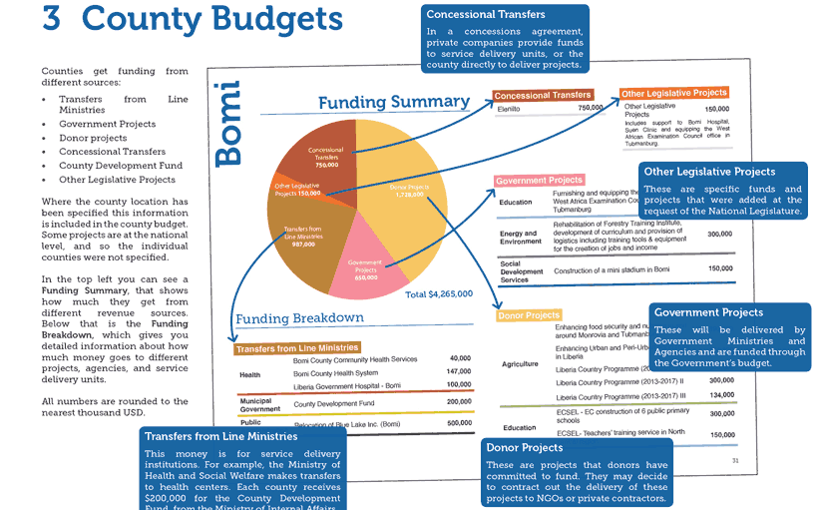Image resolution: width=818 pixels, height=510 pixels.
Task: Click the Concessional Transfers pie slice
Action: coord(330,155)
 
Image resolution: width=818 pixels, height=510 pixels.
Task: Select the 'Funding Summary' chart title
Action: coord(393,102)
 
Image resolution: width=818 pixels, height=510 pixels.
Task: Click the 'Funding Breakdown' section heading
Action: coord(299,318)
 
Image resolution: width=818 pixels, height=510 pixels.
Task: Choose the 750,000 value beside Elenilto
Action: coord(591,108)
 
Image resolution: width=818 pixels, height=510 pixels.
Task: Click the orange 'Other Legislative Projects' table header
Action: coord(674,94)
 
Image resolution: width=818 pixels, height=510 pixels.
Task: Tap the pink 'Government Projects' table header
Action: coord(540,181)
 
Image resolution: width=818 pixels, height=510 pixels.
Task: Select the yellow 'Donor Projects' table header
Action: coord(529,315)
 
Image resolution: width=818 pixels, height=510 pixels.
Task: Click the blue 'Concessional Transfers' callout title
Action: coord(486,15)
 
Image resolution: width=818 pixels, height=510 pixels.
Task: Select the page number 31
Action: coord(735,460)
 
